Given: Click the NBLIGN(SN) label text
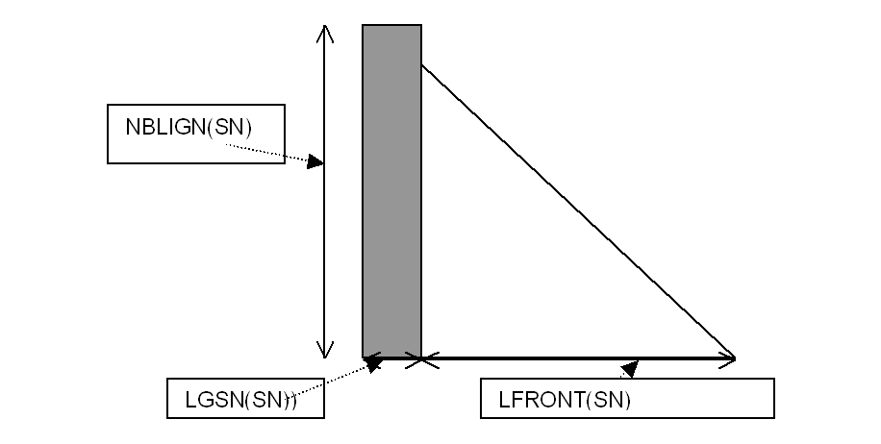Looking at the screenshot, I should [189, 128].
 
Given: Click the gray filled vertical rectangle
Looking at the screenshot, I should [391, 192].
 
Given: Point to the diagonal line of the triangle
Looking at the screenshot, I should [577, 211].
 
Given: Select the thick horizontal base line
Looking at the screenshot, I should [577, 358].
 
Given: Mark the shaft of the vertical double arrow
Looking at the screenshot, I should [325, 240].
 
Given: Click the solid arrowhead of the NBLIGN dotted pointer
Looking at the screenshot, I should [315, 162].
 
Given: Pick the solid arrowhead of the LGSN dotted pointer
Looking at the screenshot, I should [373, 363].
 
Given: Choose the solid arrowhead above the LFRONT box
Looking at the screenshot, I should [630, 368].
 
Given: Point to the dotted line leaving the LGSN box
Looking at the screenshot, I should [332, 380].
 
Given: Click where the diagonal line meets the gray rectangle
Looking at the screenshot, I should [421, 65].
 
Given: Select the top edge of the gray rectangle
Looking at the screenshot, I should [391, 25].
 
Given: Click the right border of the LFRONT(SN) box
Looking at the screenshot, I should [773, 399].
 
